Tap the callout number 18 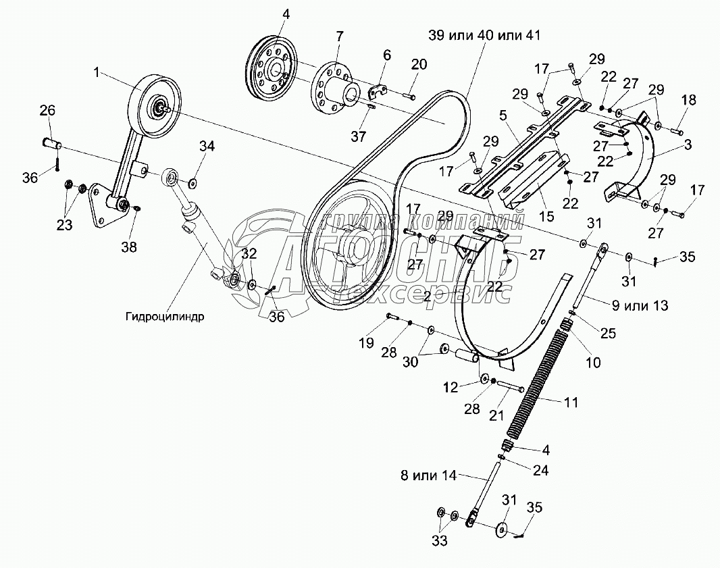click(688, 100)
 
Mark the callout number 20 click(419, 64)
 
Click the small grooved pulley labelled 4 click(270, 70)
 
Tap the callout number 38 click(128, 247)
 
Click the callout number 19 click(365, 343)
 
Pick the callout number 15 click(546, 216)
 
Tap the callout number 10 click(592, 363)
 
